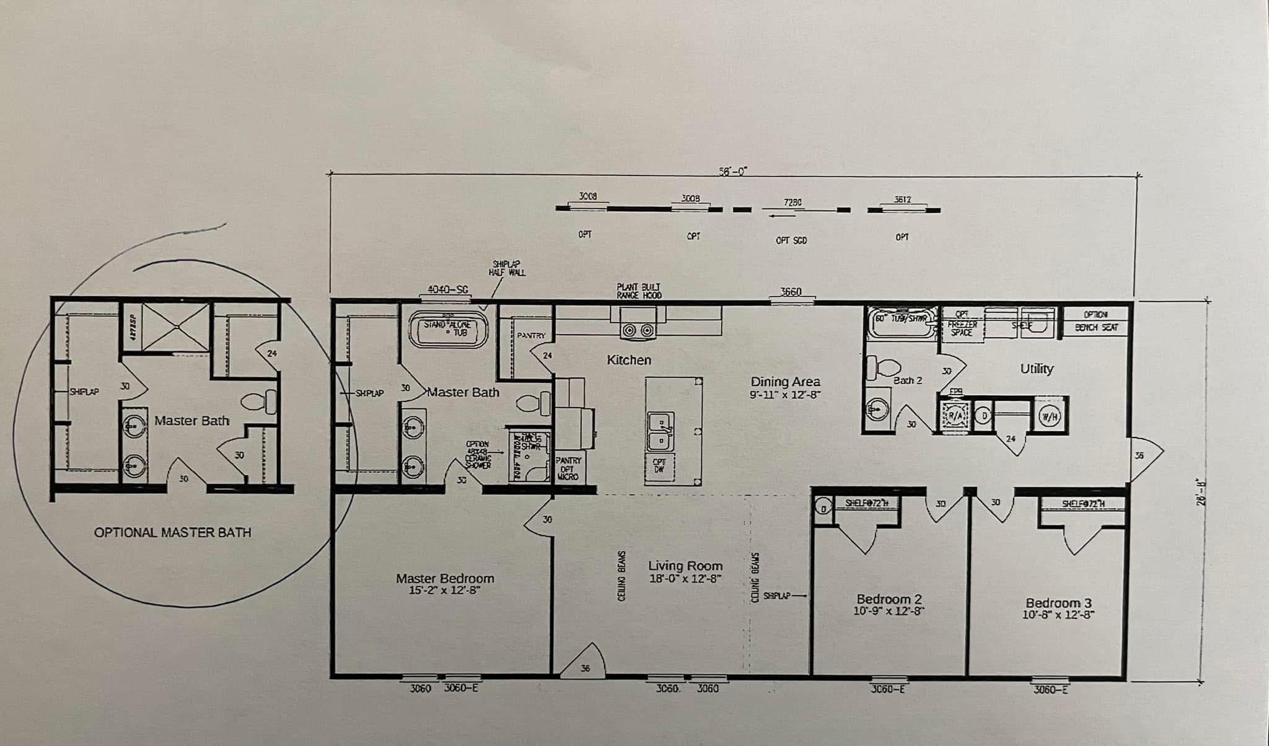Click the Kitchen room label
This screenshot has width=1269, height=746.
(628, 360)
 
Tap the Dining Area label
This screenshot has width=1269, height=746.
(785, 382)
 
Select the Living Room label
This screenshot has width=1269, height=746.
(685, 566)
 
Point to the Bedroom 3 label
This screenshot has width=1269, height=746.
(1058, 603)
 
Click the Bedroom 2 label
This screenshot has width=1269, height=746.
(889, 599)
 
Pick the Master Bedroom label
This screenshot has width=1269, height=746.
(445, 578)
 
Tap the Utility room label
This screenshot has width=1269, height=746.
(1037, 369)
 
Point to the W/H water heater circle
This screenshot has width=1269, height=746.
(1050, 417)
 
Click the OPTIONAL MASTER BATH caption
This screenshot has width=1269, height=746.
(172, 532)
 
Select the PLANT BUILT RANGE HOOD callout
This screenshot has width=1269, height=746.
(638, 291)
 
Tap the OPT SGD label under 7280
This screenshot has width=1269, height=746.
(791, 240)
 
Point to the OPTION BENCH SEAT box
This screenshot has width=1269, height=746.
(1096, 321)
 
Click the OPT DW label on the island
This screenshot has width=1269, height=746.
(659, 465)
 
